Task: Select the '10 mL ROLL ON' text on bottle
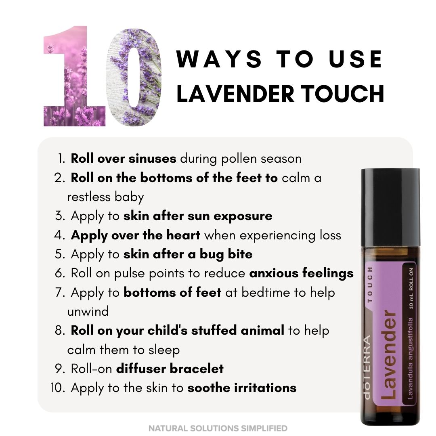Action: pos(411,287)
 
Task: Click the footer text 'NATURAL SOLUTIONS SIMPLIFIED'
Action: pos(218,428)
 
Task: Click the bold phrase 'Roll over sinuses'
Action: pos(124,159)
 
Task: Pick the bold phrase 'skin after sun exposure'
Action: pos(198,216)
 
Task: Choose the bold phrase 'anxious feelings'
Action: pos(301,273)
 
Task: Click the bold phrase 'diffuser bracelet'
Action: pos(170,369)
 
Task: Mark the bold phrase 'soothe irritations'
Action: pos(242,388)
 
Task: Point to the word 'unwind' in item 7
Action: pos(88,312)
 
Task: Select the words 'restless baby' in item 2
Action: pos(105,197)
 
